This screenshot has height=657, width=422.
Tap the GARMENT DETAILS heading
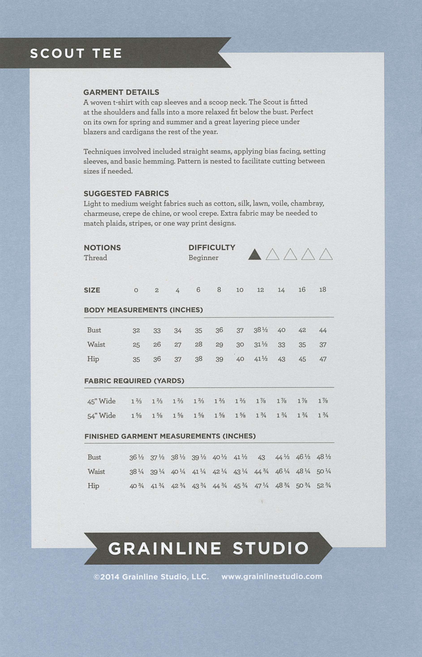point(121,92)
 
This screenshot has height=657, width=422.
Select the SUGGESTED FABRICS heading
point(126,193)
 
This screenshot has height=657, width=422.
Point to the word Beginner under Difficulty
point(203,258)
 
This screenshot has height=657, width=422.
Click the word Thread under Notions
point(95,258)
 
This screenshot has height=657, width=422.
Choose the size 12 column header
point(260,290)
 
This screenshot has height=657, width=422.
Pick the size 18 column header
point(323,290)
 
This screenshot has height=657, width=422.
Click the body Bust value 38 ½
point(261,330)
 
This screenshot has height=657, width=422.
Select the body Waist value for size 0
point(136,345)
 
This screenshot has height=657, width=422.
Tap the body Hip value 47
point(323,359)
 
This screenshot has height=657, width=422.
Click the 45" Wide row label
point(101,401)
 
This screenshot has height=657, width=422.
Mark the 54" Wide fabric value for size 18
point(323,415)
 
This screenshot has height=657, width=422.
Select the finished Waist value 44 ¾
point(261,472)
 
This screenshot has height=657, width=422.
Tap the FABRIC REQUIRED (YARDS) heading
point(134,381)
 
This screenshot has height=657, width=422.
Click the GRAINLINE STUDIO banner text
point(208,548)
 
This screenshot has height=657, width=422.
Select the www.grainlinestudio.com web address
point(272,576)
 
